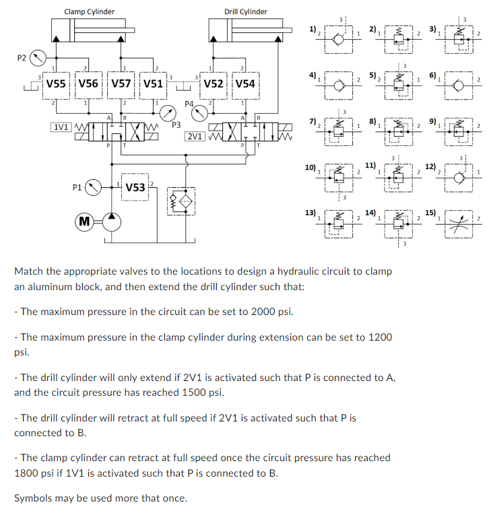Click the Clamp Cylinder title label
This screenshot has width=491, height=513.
(x=89, y=11)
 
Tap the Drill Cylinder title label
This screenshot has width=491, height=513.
(x=246, y=11)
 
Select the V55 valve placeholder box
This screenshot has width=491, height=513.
(x=56, y=84)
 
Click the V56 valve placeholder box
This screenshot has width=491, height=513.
(x=89, y=84)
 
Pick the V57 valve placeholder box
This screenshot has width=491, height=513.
(x=121, y=84)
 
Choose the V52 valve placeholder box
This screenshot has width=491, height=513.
(x=214, y=84)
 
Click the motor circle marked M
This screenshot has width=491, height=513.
(x=84, y=221)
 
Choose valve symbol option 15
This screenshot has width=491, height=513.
(x=458, y=219)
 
